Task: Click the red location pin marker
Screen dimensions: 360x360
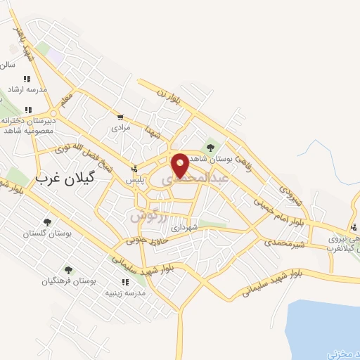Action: [180, 165]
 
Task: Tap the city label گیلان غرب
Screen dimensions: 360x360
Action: [64, 179]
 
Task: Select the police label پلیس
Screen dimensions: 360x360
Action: [134, 180]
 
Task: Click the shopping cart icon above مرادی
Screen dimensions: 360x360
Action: [120, 117]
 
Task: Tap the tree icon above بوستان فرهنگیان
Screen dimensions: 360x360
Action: [67, 269]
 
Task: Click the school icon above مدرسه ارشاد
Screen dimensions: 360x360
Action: [27, 79]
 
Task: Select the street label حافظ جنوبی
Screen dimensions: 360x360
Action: [146, 238]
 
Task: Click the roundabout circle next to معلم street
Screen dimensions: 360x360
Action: [53, 112]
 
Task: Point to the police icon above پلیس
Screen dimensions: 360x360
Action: [134, 169]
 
